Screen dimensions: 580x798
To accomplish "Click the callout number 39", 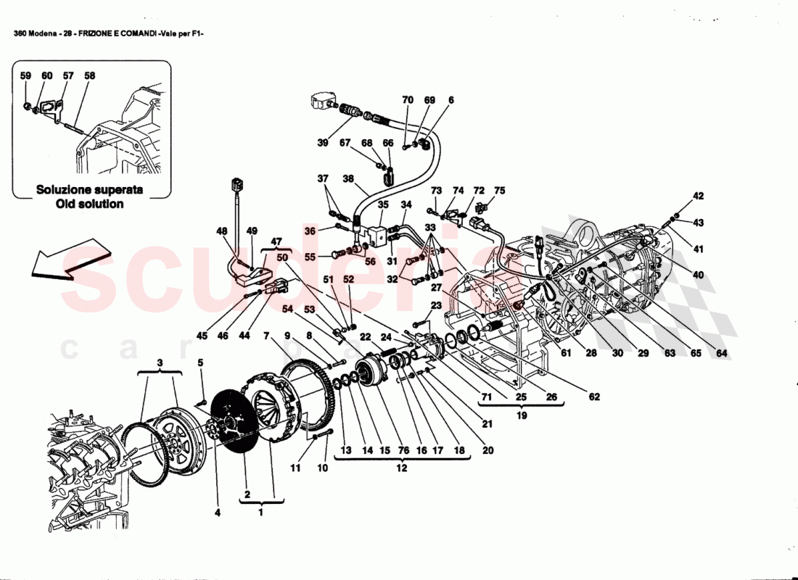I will (323, 143).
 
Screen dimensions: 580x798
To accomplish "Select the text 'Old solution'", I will (90, 204).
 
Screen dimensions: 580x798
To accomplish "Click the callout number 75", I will (499, 191).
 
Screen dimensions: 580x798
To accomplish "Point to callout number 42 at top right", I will (698, 196).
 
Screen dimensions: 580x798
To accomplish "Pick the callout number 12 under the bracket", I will (401, 468).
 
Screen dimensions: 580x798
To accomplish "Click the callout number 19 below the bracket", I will (522, 416).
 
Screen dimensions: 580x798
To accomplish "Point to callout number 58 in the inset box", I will (89, 75).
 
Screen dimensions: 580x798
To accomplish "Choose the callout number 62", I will (594, 397).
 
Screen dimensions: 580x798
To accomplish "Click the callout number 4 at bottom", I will (216, 513).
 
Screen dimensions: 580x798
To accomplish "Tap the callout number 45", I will (202, 336).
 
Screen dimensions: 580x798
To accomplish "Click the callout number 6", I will (451, 99).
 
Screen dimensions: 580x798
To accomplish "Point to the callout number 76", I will (403, 450).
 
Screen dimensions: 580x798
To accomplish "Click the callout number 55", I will (310, 257).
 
